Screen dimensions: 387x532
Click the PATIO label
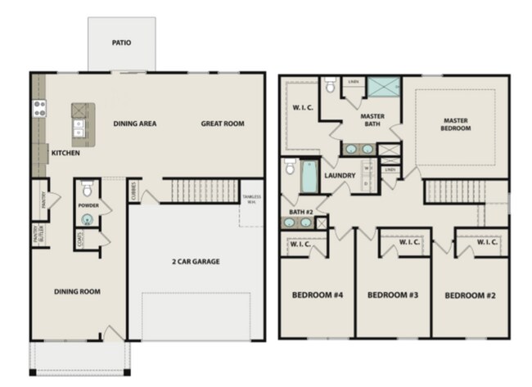[121, 43]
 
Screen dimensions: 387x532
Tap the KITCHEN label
[65, 153]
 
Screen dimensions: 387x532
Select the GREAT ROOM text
[223, 124]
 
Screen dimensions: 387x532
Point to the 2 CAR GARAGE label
[195, 262]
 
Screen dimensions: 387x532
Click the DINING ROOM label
[76, 291]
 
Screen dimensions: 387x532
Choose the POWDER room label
[88, 205]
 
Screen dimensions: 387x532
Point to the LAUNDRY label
[340, 175]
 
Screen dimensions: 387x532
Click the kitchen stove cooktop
[38, 107]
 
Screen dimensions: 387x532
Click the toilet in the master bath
[331, 84]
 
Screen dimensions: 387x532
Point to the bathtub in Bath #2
[309, 177]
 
